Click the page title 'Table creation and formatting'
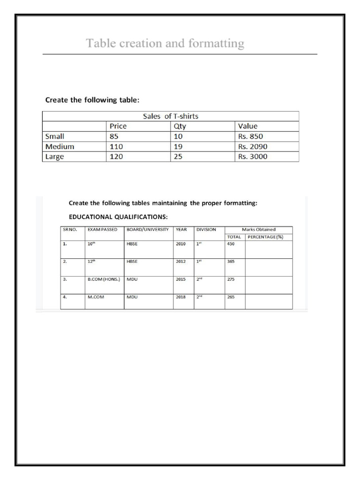[x=165, y=44]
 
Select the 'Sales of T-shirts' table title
[x=173, y=116]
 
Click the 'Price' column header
[x=118, y=126]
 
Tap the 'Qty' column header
[x=179, y=126]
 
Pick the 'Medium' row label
[x=59, y=147]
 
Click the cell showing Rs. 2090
[x=253, y=147]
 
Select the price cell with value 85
[x=114, y=136]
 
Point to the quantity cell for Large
[x=178, y=157]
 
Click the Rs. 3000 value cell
[x=253, y=157]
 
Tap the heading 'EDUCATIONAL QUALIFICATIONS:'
[x=118, y=217]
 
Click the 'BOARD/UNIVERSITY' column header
[x=148, y=230]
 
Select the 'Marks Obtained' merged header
[x=258, y=230]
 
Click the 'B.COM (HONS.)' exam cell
[x=104, y=279]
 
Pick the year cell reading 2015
[x=181, y=279]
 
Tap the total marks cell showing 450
[x=231, y=244]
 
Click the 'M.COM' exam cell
[x=96, y=297]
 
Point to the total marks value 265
[x=231, y=297]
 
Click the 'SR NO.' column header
[x=69, y=230]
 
